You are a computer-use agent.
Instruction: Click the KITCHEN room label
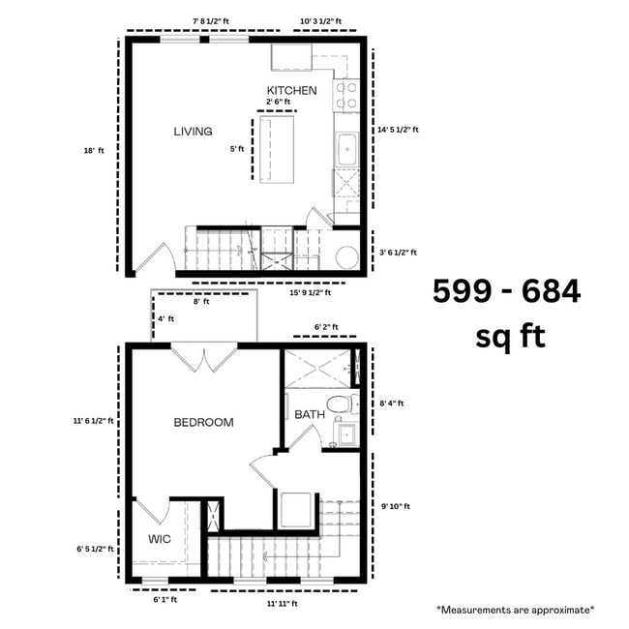point(291,90)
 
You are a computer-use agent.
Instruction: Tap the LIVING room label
point(193,132)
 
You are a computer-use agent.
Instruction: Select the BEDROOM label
point(203,422)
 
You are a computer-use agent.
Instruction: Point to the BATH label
point(310,414)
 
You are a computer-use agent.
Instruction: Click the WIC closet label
point(160,539)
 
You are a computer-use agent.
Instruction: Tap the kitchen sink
point(345,150)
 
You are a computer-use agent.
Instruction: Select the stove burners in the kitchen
point(345,95)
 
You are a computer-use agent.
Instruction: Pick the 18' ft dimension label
point(94,150)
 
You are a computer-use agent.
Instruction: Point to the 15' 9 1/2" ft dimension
point(310,292)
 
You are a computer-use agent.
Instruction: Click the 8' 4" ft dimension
point(393,403)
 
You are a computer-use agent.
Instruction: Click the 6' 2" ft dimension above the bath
point(326,328)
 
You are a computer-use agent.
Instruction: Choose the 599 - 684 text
point(506,290)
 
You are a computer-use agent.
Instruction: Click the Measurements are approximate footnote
point(515,610)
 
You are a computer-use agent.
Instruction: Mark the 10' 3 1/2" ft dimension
point(327,18)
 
